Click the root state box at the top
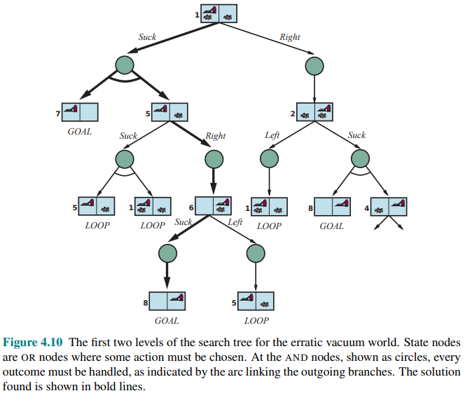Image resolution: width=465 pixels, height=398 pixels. coord(219,13)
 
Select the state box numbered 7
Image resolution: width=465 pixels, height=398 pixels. coord(79,111)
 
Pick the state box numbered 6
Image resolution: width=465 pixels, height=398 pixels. coord(213,205)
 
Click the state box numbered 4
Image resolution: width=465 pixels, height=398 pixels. coord(389,206)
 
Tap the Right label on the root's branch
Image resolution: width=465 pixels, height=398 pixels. coord(289,36)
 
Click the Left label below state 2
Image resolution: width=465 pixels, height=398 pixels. coord(272,135)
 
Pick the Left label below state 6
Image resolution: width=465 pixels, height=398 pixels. coord(235,222)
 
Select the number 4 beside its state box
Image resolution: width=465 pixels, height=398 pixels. coord(366,209)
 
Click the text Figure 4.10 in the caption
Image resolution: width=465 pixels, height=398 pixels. coord(33,343)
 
